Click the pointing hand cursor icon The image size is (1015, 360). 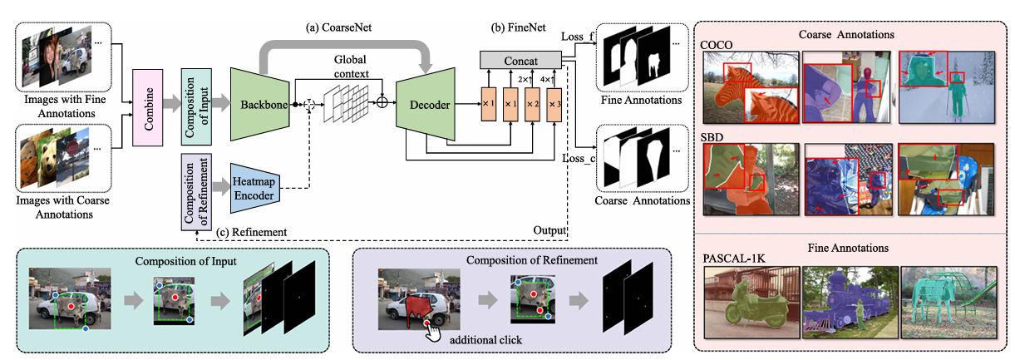tap(430, 331)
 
